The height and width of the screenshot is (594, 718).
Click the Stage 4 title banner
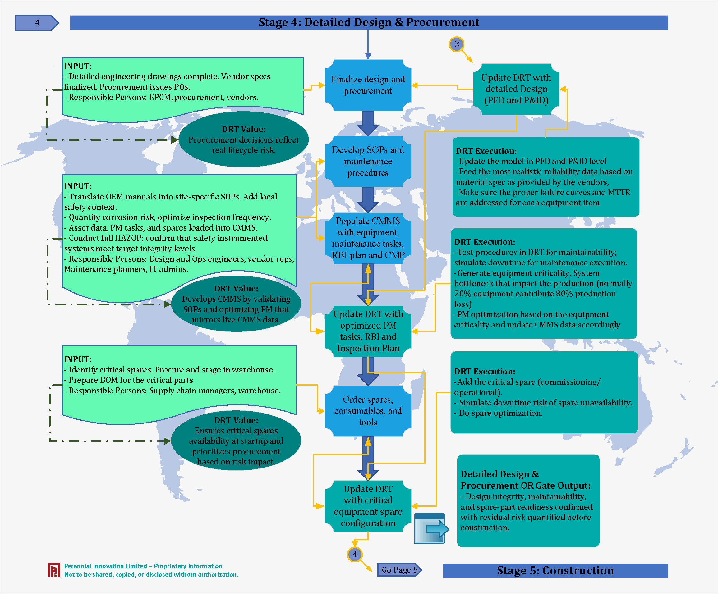(x=369, y=23)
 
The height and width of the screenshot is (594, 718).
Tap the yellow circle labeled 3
(x=456, y=44)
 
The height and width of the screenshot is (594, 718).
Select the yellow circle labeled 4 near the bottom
(x=355, y=554)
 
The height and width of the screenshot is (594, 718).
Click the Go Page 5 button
(x=399, y=570)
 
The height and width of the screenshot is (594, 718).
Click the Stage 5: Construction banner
(x=555, y=570)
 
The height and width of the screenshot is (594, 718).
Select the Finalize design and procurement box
(x=368, y=85)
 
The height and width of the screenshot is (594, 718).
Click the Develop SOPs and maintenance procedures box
(x=368, y=161)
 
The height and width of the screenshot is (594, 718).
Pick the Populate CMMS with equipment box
(x=368, y=238)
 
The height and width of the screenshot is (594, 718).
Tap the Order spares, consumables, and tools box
(x=368, y=411)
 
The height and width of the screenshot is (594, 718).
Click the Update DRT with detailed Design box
(x=516, y=89)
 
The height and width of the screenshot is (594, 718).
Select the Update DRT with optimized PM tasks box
(x=368, y=331)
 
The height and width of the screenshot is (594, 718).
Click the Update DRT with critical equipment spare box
(x=368, y=506)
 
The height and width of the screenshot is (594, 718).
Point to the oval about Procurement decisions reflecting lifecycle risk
(x=243, y=139)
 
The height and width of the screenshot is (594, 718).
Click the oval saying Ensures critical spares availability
(x=236, y=441)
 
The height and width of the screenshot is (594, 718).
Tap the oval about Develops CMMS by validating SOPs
(x=236, y=304)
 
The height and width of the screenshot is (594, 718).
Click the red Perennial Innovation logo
(x=54, y=570)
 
